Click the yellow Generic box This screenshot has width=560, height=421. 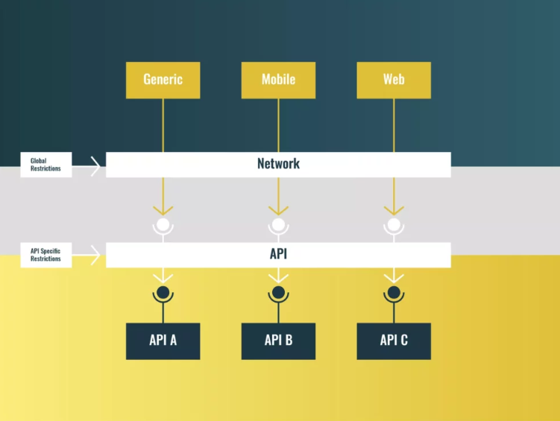163,80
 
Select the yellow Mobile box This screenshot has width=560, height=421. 278,80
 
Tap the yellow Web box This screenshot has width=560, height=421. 394,80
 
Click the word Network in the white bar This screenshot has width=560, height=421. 278,164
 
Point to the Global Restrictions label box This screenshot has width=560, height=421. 46,165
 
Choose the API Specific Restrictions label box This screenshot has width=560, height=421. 46,255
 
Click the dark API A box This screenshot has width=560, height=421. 163,341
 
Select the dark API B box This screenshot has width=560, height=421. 278,341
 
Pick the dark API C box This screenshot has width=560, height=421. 394,341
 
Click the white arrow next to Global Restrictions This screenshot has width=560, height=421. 94,166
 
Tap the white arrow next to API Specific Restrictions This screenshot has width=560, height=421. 94,256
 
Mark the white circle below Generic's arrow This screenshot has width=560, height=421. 163,224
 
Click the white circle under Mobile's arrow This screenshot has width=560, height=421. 278,224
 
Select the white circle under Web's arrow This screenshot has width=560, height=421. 394,224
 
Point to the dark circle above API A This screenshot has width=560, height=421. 163,292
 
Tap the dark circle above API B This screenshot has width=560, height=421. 278,292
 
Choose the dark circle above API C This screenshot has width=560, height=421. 394,292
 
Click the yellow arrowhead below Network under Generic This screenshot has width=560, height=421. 163,210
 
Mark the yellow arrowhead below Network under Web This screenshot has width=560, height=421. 394,210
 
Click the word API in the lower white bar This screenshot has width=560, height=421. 278,254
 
